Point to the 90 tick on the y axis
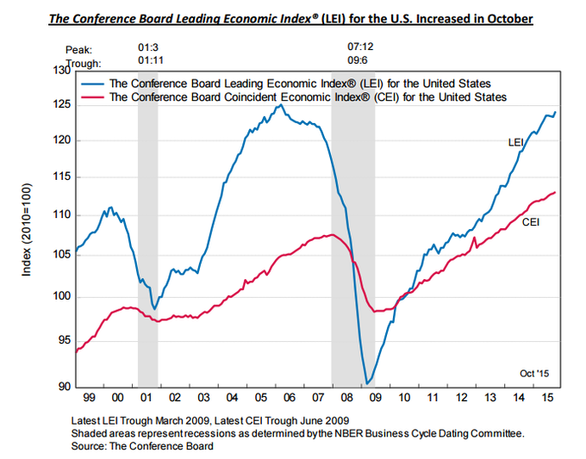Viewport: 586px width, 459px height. (62, 387)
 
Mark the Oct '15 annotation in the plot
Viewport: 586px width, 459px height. (535, 373)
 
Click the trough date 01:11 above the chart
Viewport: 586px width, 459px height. (151, 63)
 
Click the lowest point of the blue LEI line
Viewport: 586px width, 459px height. (367, 383)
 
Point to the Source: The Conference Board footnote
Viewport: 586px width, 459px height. (143, 446)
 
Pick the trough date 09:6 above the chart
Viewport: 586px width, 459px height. (357, 63)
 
